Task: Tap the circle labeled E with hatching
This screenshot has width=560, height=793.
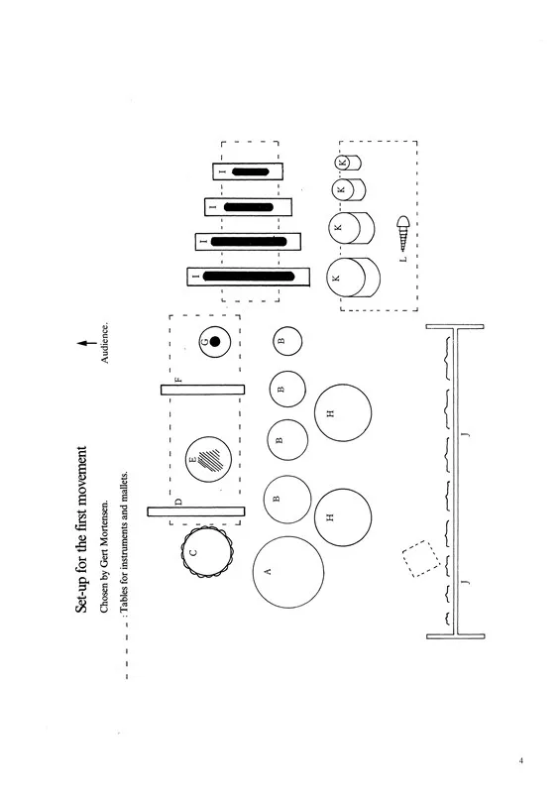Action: click(208, 459)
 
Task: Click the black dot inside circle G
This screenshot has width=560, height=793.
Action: click(215, 341)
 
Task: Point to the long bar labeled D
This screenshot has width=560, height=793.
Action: click(196, 511)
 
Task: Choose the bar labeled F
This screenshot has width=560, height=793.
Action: click(202, 390)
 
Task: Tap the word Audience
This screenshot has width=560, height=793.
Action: click(105, 343)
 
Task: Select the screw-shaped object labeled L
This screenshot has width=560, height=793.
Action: click(403, 234)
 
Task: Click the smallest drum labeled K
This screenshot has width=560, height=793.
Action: click(348, 163)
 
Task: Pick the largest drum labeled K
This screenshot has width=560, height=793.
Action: click(353, 278)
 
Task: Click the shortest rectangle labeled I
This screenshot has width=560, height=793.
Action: click(248, 171)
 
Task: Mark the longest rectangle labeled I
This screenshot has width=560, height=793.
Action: click(248, 277)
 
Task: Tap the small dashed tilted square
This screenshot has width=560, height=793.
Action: click(421, 558)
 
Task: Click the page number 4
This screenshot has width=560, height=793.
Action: click(521, 760)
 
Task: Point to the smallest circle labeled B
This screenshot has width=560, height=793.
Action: click(287, 340)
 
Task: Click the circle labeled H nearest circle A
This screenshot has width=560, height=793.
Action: click(343, 516)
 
